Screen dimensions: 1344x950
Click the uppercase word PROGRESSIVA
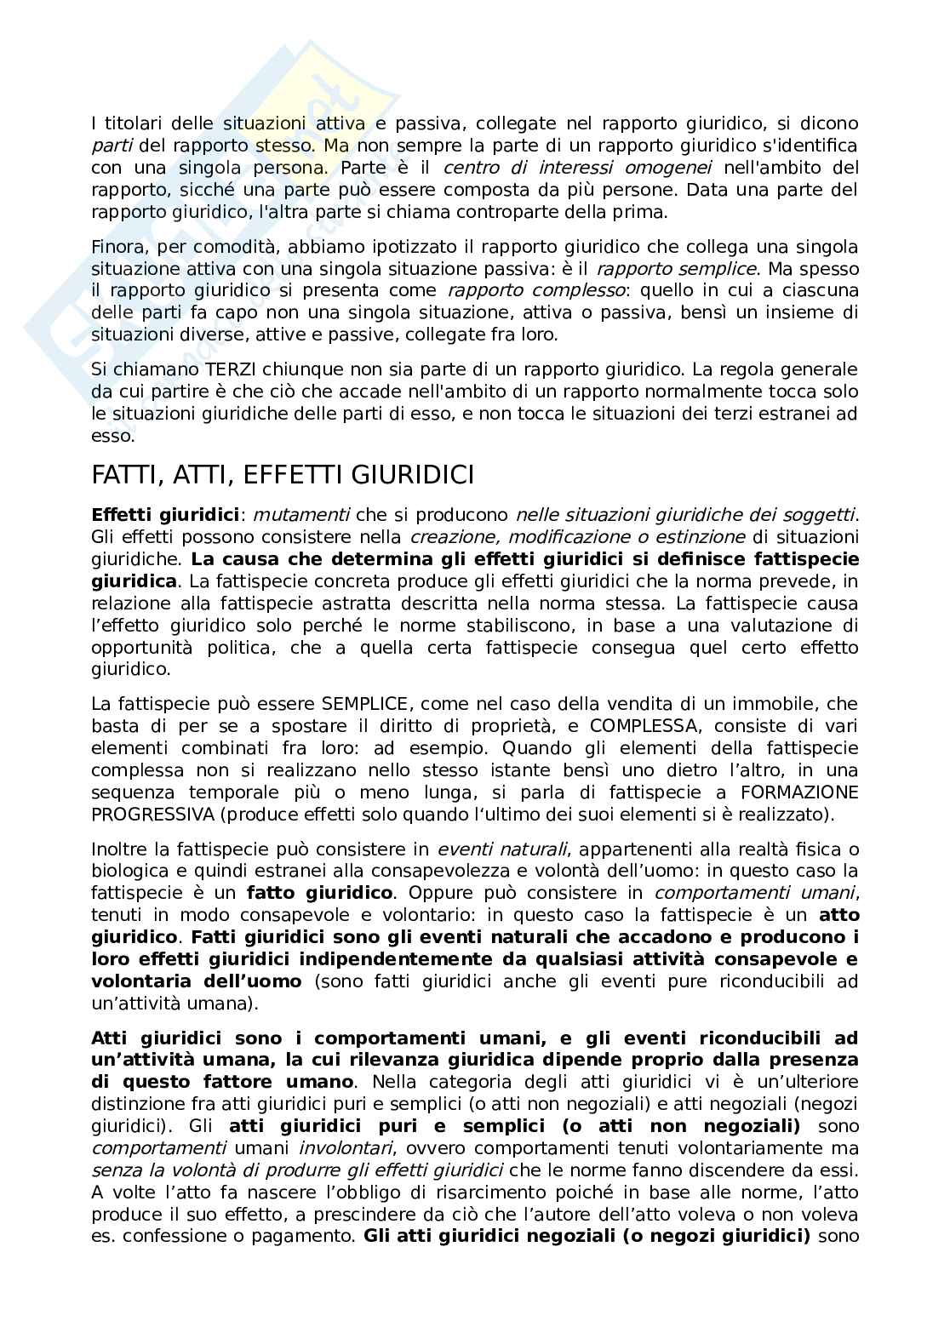click(x=152, y=815)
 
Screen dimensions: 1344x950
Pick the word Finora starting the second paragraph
click(x=117, y=247)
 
